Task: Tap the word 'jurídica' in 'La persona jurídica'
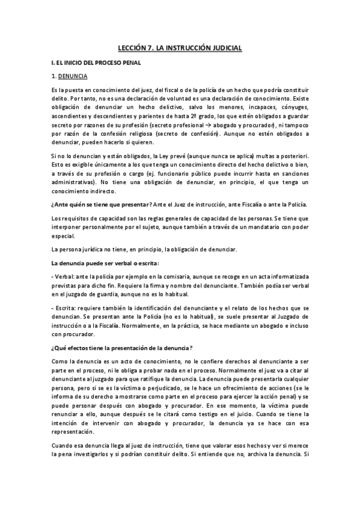pos(96,248)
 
